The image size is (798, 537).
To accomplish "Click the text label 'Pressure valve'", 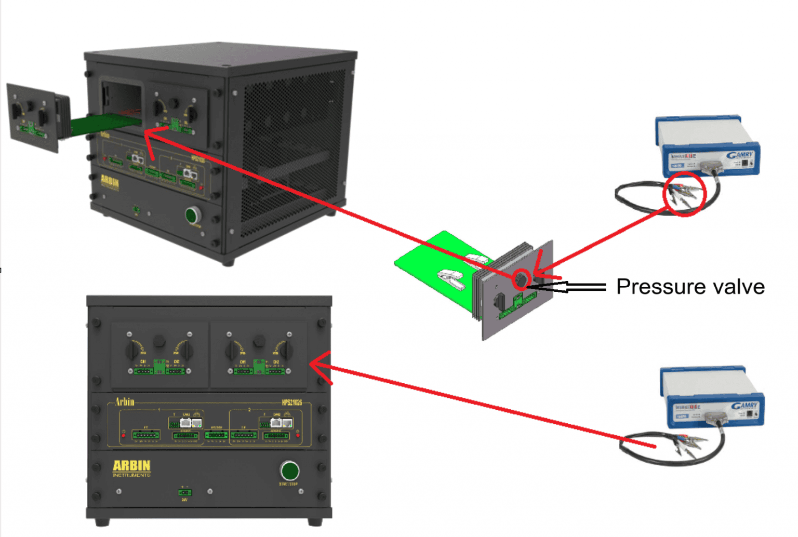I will [x=690, y=287].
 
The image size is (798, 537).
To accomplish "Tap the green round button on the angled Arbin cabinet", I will [x=193, y=215].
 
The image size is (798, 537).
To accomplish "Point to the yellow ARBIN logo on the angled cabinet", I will [x=110, y=182].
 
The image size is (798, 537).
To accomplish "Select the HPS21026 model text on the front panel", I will [x=291, y=402].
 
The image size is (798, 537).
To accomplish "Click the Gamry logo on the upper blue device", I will [x=740, y=155].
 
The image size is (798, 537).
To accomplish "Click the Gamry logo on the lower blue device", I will [x=745, y=405].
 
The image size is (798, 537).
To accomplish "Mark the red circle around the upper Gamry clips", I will [x=685, y=194].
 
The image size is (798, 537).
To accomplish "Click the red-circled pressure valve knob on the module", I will [x=521, y=279].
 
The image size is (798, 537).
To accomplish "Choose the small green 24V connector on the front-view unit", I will [x=184, y=492].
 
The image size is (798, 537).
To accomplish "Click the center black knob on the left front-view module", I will [x=159, y=341].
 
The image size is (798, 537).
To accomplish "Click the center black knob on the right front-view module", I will [x=258, y=341].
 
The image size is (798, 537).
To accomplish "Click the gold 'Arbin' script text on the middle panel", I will [x=125, y=401].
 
